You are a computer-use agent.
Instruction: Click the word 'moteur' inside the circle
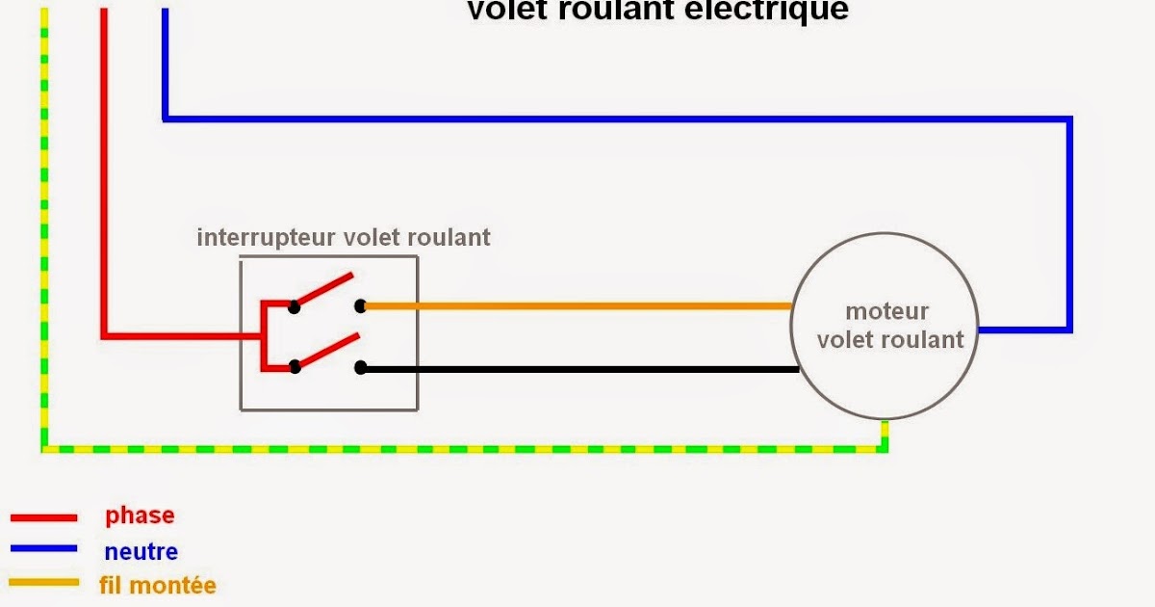pyautogui.click(x=886, y=312)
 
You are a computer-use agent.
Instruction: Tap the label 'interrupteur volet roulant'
pyautogui.click(x=344, y=237)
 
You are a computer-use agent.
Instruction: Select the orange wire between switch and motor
pyautogui.click(x=577, y=306)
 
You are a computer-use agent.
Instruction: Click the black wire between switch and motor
pyautogui.click(x=577, y=368)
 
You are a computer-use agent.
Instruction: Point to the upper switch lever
pyautogui.click(x=324, y=291)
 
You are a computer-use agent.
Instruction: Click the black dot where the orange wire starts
pyautogui.click(x=360, y=306)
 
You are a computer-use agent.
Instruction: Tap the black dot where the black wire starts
pyautogui.click(x=360, y=368)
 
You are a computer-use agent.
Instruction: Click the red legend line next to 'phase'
pyautogui.click(x=43, y=517)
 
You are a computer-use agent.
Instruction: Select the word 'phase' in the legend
pyautogui.click(x=140, y=515)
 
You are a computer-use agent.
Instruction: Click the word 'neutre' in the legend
pyautogui.click(x=141, y=552)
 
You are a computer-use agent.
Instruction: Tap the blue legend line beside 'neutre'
pyautogui.click(x=43, y=549)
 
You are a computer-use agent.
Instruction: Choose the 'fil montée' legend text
pyautogui.click(x=157, y=585)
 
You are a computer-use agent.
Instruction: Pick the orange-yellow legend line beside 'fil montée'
pyautogui.click(x=43, y=582)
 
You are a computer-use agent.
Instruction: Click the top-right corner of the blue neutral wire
pyautogui.click(x=1069, y=119)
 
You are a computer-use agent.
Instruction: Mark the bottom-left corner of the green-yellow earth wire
pyautogui.click(x=44, y=449)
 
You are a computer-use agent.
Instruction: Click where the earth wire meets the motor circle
pyautogui.click(x=885, y=421)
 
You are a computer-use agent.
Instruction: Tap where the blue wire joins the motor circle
pyautogui.click(x=979, y=330)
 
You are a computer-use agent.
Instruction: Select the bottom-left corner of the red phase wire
pyautogui.click(x=103, y=336)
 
